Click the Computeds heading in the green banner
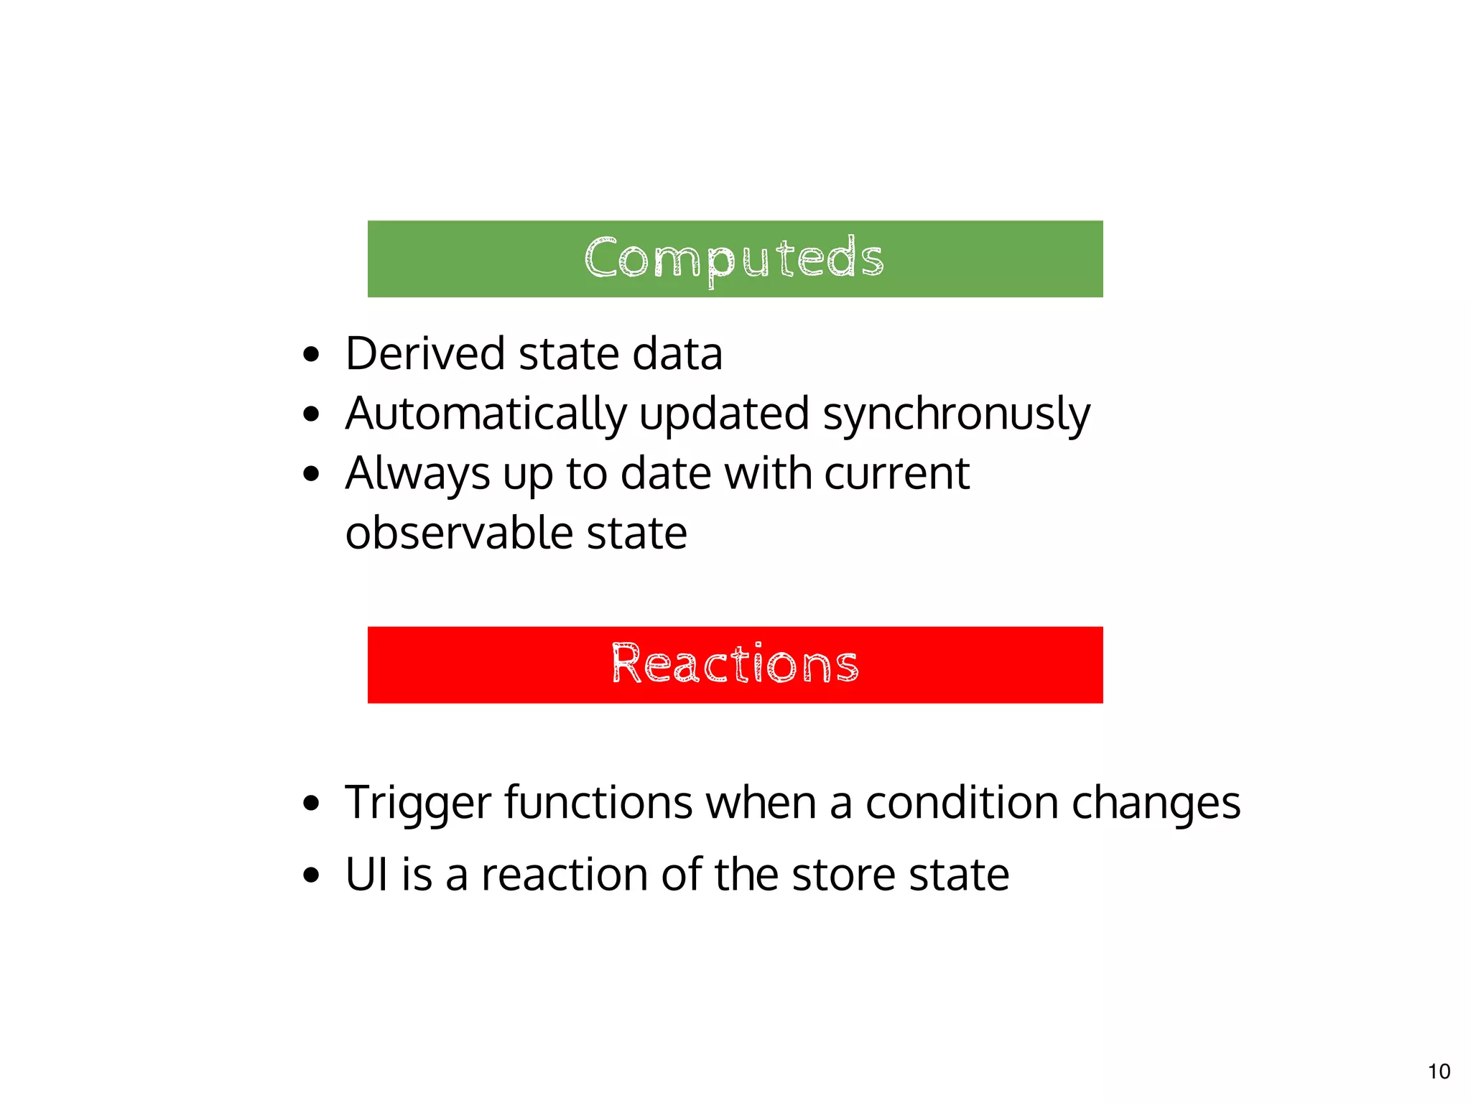734,259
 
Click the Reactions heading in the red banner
735,664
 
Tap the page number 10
1439,1071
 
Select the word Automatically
486,414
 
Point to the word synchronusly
956,414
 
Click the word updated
724,414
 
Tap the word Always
417,474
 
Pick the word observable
460,533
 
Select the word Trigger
418,803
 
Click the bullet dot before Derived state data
310,354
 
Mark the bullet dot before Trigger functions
310,804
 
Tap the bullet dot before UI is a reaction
310,875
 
